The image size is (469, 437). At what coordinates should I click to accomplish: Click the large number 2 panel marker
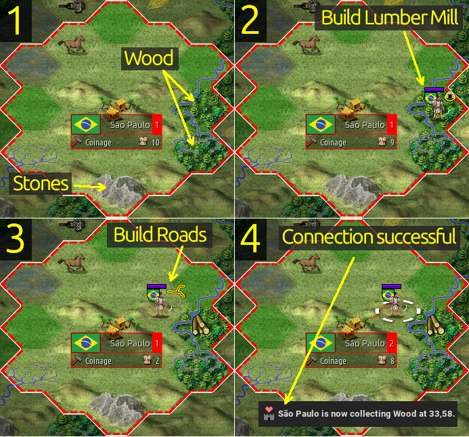click(250, 21)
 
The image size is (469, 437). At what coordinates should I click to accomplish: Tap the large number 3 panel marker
click(14, 239)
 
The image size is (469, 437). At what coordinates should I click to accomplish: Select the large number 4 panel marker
click(250, 239)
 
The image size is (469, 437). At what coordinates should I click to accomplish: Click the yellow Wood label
click(149, 58)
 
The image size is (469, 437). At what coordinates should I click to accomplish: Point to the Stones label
click(41, 183)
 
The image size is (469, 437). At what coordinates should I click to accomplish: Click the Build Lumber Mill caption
click(389, 18)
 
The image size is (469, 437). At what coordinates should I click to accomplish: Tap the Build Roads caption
click(160, 235)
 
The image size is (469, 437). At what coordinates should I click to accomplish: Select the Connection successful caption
click(369, 237)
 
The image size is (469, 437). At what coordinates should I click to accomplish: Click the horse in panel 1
click(72, 45)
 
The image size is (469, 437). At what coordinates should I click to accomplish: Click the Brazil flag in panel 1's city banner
click(86, 124)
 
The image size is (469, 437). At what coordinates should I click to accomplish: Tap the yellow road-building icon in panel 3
click(176, 292)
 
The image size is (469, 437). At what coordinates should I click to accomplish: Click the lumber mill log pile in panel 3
click(200, 325)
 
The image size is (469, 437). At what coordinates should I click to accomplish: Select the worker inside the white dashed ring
click(396, 305)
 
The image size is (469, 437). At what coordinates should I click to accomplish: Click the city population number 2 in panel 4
click(392, 344)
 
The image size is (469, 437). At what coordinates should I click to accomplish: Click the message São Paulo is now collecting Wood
click(366, 414)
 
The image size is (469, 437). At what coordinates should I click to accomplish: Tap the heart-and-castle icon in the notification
click(269, 414)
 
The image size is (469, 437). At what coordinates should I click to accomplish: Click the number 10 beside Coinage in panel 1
click(156, 143)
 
